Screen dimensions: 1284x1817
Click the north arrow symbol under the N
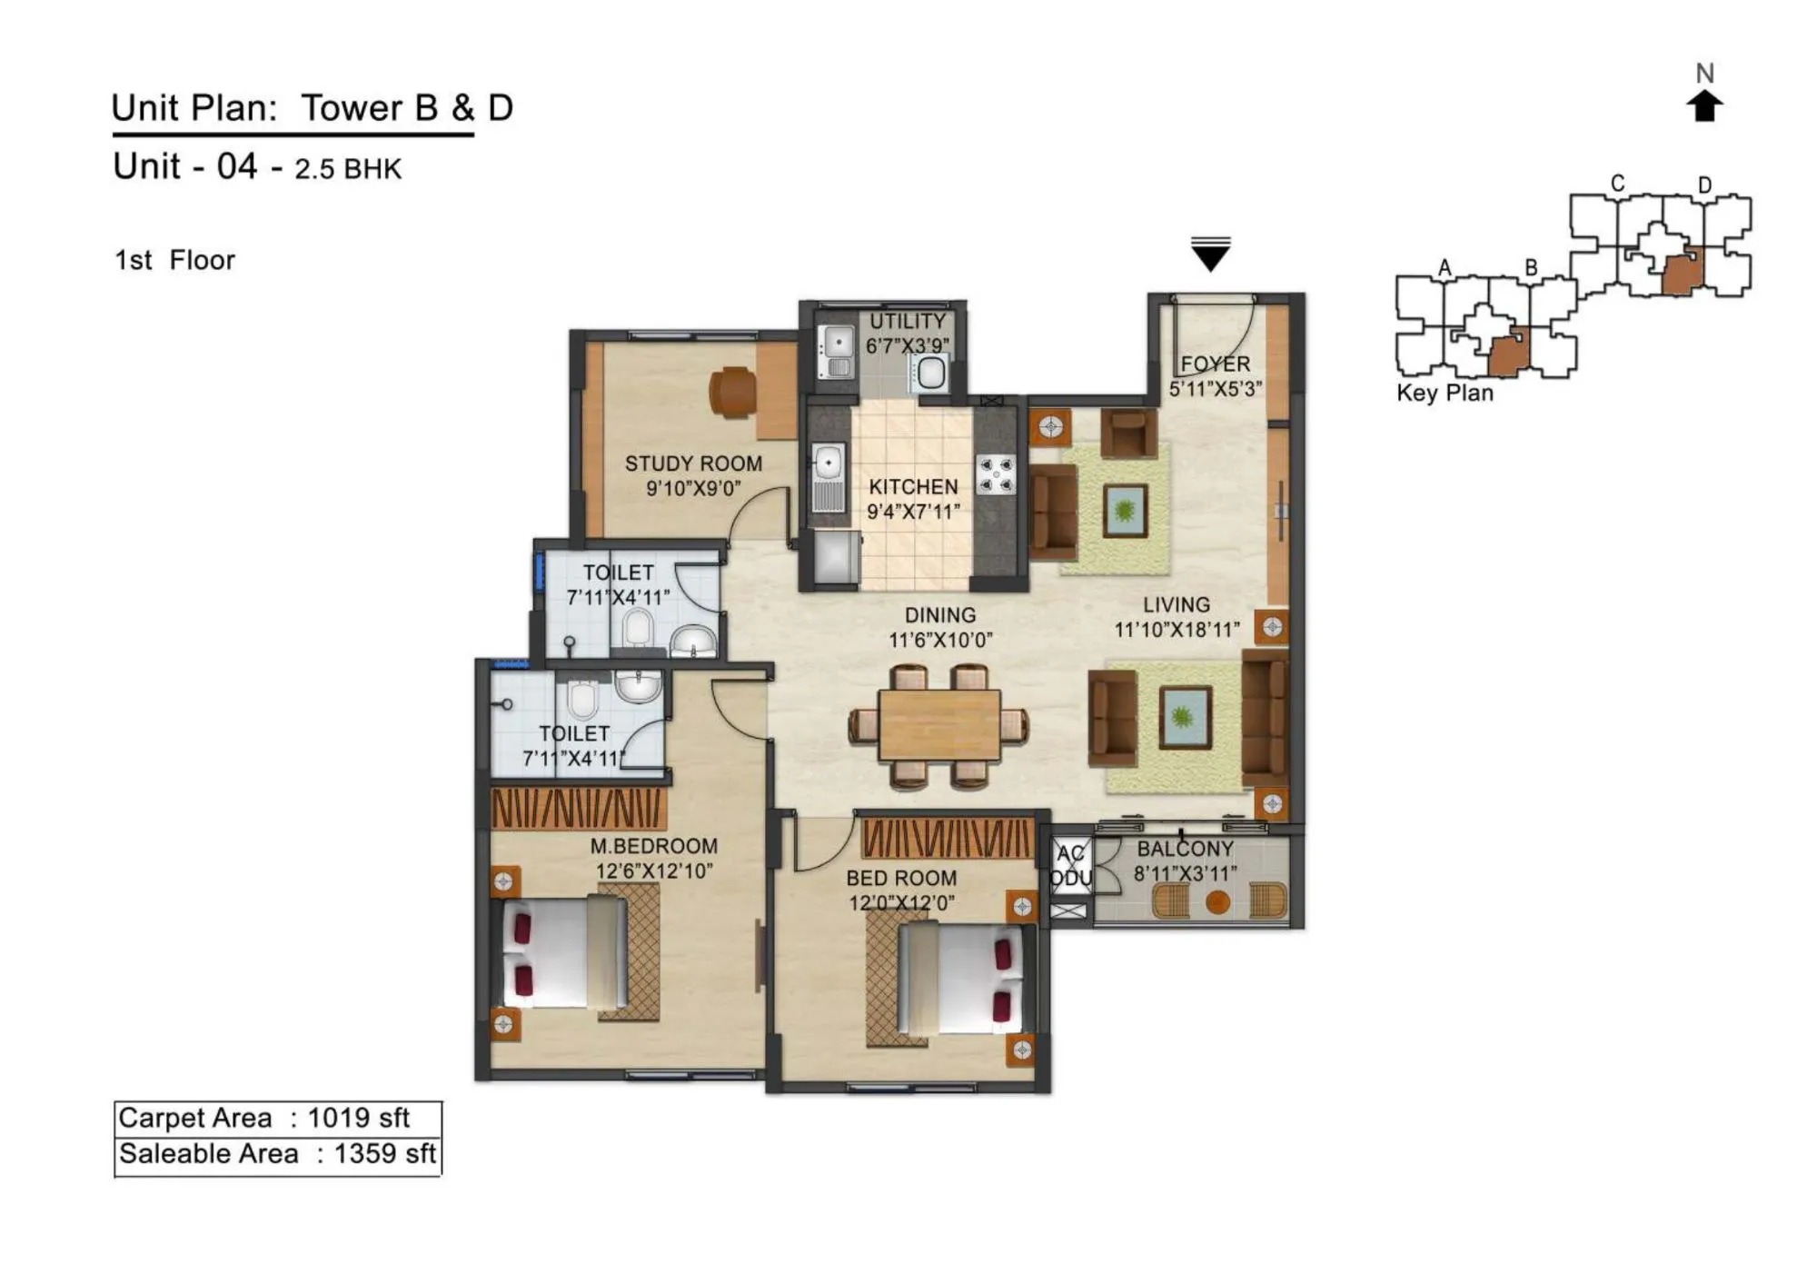pos(1704,106)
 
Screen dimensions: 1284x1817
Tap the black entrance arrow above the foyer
pos(1210,255)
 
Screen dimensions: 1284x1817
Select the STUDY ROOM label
pos(693,463)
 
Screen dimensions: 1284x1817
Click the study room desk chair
pos(732,393)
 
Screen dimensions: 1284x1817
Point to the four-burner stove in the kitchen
pos(996,474)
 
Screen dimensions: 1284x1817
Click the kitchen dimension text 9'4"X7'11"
pos(912,512)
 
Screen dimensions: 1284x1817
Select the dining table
pos(939,725)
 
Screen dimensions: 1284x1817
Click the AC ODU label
pos(1070,866)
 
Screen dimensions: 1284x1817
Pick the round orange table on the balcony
pos(1217,901)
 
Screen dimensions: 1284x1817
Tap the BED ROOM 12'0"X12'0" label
pos(900,891)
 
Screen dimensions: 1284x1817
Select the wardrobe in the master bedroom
pos(579,807)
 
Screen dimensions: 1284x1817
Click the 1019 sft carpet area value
pos(358,1118)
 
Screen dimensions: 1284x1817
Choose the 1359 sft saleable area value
pos(384,1154)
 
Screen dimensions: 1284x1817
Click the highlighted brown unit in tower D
pos(1682,272)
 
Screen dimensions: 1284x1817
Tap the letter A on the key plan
pos(1444,268)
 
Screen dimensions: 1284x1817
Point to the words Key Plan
pos(1445,393)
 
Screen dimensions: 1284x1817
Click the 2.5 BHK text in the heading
pos(347,169)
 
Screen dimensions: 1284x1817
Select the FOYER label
pos(1215,363)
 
